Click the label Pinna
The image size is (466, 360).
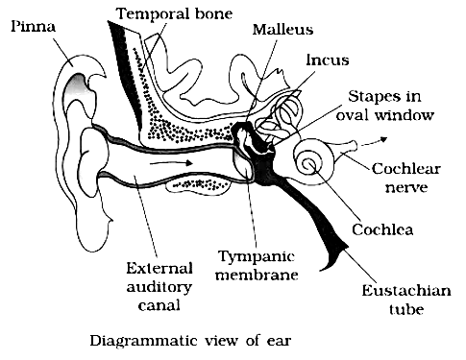click(x=34, y=26)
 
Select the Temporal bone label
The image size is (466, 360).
click(x=174, y=13)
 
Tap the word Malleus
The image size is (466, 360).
click(x=282, y=30)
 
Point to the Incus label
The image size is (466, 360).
click(x=328, y=60)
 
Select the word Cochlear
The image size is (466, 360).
click(x=406, y=168)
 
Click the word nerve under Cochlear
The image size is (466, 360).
click(x=406, y=187)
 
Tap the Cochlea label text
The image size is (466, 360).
click(x=382, y=229)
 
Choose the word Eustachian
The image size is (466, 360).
click(x=406, y=291)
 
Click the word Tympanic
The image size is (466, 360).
click(x=257, y=257)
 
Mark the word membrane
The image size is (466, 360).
click(x=257, y=275)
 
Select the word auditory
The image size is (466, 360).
click(x=159, y=287)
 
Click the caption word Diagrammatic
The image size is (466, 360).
click(x=144, y=341)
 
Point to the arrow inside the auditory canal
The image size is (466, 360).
click(x=171, y=163)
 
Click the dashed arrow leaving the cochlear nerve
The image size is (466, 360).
click(x=375, y=141)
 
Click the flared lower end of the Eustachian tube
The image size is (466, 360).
click(x=333, y=256)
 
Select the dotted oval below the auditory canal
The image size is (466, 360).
click(x=199, y=184)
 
